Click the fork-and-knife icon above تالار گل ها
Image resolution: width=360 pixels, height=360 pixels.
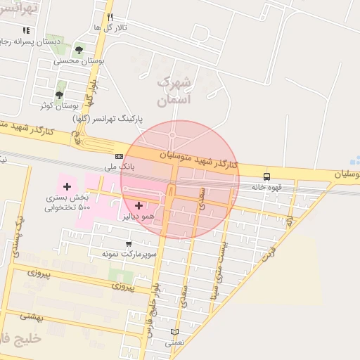110,17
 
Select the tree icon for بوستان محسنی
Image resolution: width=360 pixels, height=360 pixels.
79,50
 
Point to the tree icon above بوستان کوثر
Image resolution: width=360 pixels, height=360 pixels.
60,94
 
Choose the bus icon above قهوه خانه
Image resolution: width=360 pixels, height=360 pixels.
266,176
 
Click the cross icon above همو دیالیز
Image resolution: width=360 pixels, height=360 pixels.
138,205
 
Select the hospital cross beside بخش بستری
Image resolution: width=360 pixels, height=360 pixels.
67,186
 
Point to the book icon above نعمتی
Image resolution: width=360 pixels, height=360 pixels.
174,332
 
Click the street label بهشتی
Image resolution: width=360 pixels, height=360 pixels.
32,316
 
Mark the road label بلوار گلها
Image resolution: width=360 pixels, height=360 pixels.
91,91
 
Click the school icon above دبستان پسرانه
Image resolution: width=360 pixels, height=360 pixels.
26,30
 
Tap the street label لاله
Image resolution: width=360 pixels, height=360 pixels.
288,221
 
